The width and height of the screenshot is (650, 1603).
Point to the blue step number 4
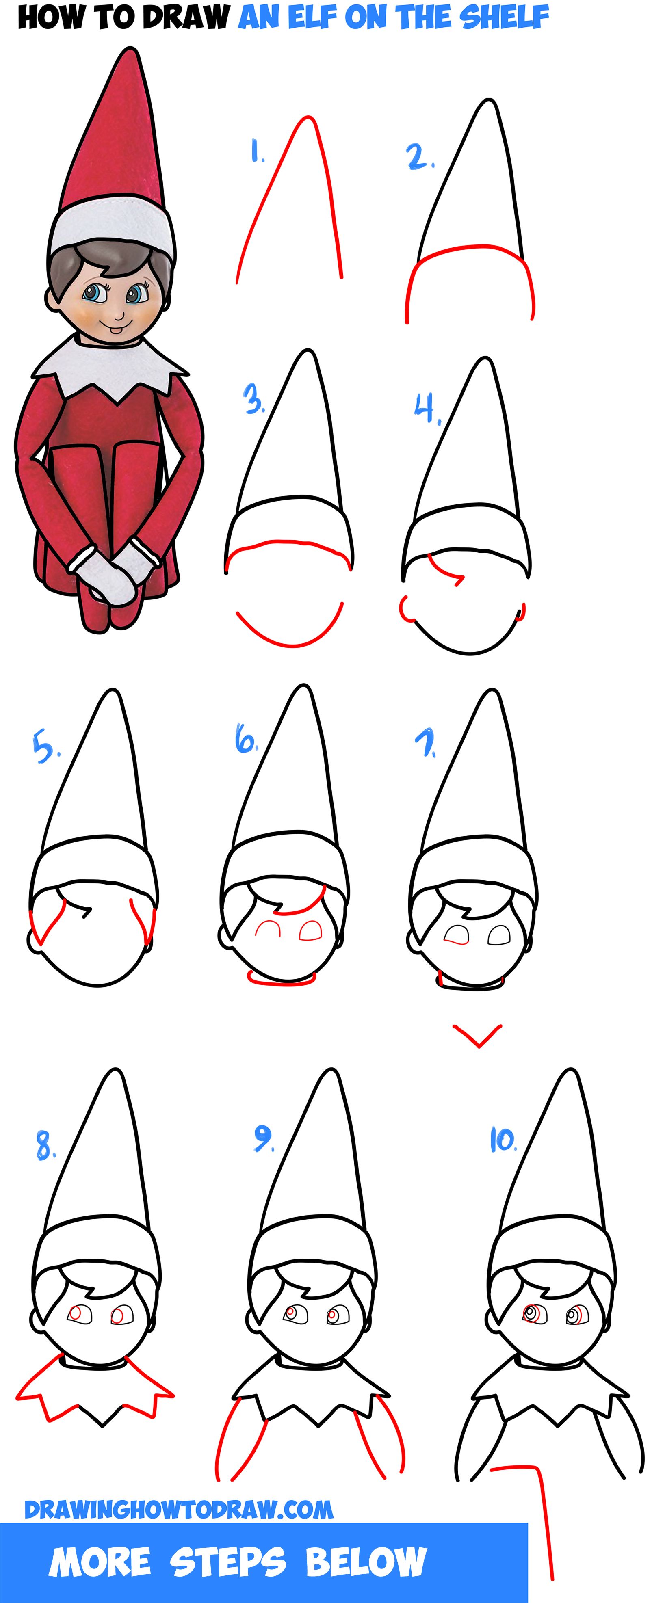[x=427, y=409]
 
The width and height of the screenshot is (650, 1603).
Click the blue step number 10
[x=502, y=1140]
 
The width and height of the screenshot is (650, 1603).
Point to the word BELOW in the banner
[x=366, y=1562]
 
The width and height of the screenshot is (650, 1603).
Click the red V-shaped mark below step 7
[x=477, y=1036]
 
